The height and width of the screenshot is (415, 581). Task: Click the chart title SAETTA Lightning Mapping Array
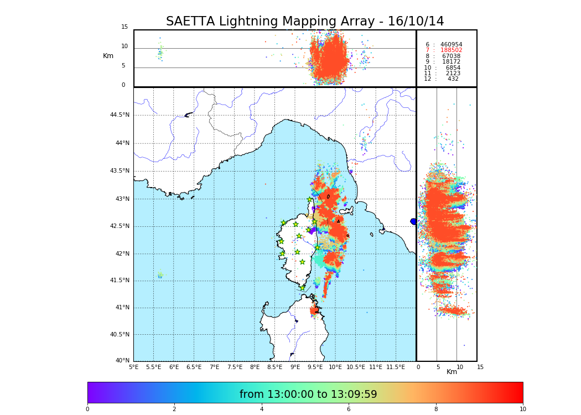click(305, 22)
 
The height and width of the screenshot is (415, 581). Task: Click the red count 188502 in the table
click(451, 50)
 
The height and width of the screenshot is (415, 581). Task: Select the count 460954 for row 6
click(451, 45)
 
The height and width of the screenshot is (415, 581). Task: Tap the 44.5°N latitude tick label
click(120, 115)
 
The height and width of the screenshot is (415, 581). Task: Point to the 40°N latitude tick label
click(122, 361)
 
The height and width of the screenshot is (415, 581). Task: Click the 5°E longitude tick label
click(134, 367)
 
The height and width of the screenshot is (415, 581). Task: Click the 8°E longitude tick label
click(255, 367)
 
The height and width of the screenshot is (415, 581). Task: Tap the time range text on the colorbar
click(308, 395)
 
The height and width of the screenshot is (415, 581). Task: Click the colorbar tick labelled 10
click(522, 409)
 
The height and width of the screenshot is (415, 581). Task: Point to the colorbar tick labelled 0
click(87, 409)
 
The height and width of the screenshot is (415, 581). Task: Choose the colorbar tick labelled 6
click(349, 409)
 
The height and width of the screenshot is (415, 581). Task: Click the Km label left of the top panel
click(108, 56)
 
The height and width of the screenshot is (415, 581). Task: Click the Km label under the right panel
click(452, 372)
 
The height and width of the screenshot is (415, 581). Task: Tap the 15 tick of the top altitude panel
click(124, 27)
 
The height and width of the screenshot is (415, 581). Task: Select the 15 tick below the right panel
click(480, 367)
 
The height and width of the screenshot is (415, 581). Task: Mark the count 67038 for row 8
click(451, 56)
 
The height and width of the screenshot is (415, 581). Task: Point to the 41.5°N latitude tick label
click(120, 281)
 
